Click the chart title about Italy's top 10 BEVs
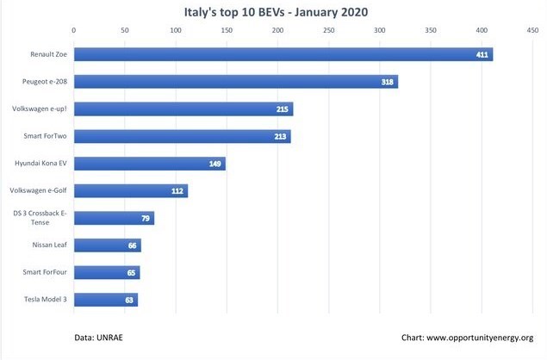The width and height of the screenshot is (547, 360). click(276, 12)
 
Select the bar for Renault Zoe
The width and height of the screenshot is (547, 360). click(283, 54)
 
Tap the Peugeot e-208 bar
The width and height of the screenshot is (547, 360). click(236, 82)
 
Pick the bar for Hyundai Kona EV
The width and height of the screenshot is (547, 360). click(150, 164)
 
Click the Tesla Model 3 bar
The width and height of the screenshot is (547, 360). click(106, 300)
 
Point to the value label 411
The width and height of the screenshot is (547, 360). click(482, 54)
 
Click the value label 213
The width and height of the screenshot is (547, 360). click(280, 136)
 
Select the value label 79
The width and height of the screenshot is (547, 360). click(146, 219)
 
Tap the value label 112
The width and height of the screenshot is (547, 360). click(177, 191)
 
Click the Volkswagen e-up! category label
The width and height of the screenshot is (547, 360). click(40, 109)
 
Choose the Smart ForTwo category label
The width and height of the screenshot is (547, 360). click(45, 136)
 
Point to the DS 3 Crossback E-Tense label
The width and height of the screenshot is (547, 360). click(40, 218)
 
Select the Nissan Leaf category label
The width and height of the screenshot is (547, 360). click(50, 245)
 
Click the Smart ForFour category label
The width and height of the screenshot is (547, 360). click(45, 272)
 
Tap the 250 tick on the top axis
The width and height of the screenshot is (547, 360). click(328, 30)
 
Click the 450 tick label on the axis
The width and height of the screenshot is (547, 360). click(532, 30)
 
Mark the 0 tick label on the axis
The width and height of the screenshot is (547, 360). click(73, 30)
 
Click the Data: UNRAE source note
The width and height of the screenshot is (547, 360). click(98, 338)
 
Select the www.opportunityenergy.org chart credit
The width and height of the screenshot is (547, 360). click(480, 338)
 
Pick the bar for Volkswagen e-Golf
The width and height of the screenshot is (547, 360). click(131, 191)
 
